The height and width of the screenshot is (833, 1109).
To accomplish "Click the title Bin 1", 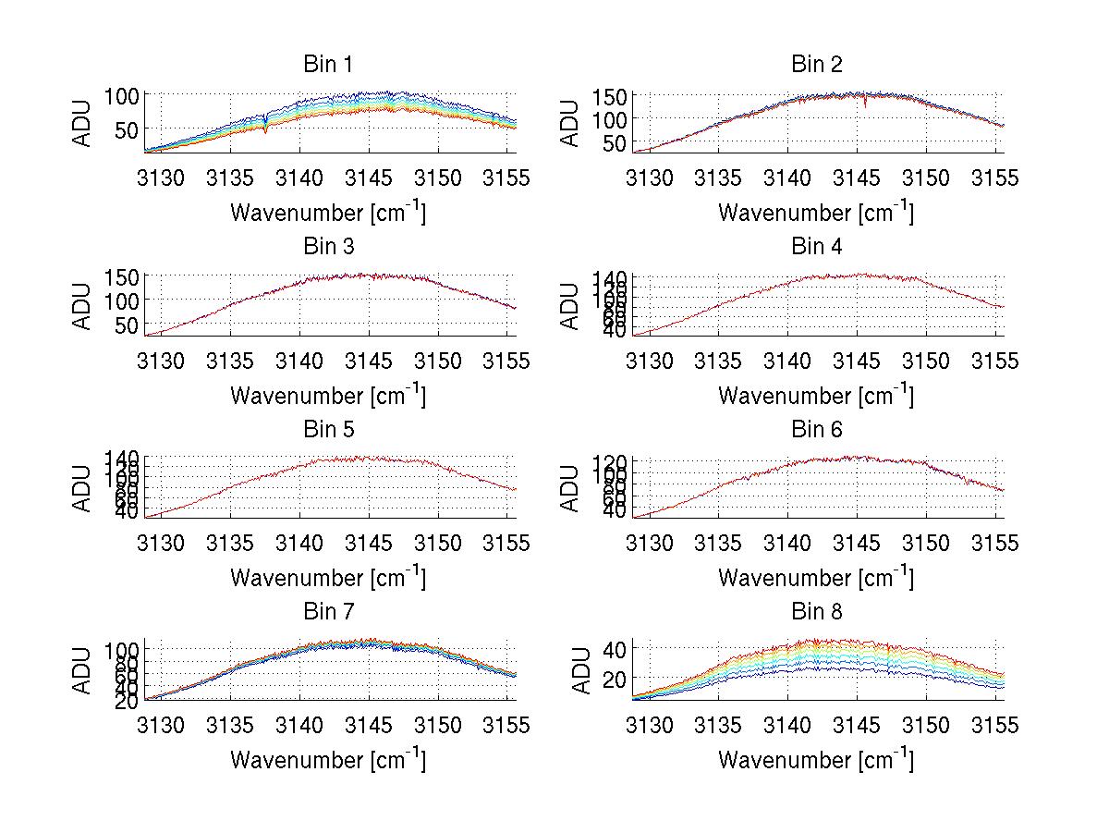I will point(328,65).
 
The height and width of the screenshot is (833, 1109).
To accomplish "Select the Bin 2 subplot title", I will point(817,65).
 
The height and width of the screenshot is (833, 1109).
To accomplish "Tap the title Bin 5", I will point(328,430).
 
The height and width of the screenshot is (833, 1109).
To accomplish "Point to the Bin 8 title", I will point(817,612).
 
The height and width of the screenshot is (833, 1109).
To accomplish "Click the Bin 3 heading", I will point(328,247).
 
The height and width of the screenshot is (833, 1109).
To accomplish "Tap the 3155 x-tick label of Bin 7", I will point(505,726).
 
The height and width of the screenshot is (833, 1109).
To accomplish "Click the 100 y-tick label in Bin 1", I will point(121,95).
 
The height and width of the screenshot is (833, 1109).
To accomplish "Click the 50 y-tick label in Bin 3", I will point(127,325).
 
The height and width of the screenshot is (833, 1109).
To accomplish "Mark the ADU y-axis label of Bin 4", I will point(571,305).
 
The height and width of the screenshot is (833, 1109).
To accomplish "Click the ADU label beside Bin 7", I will point(83,670).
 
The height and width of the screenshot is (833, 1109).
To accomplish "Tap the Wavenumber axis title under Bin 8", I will point(815,760).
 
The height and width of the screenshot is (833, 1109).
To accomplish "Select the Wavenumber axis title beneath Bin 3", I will point(327,395).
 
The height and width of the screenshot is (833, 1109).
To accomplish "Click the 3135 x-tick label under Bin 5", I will point(231,543).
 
